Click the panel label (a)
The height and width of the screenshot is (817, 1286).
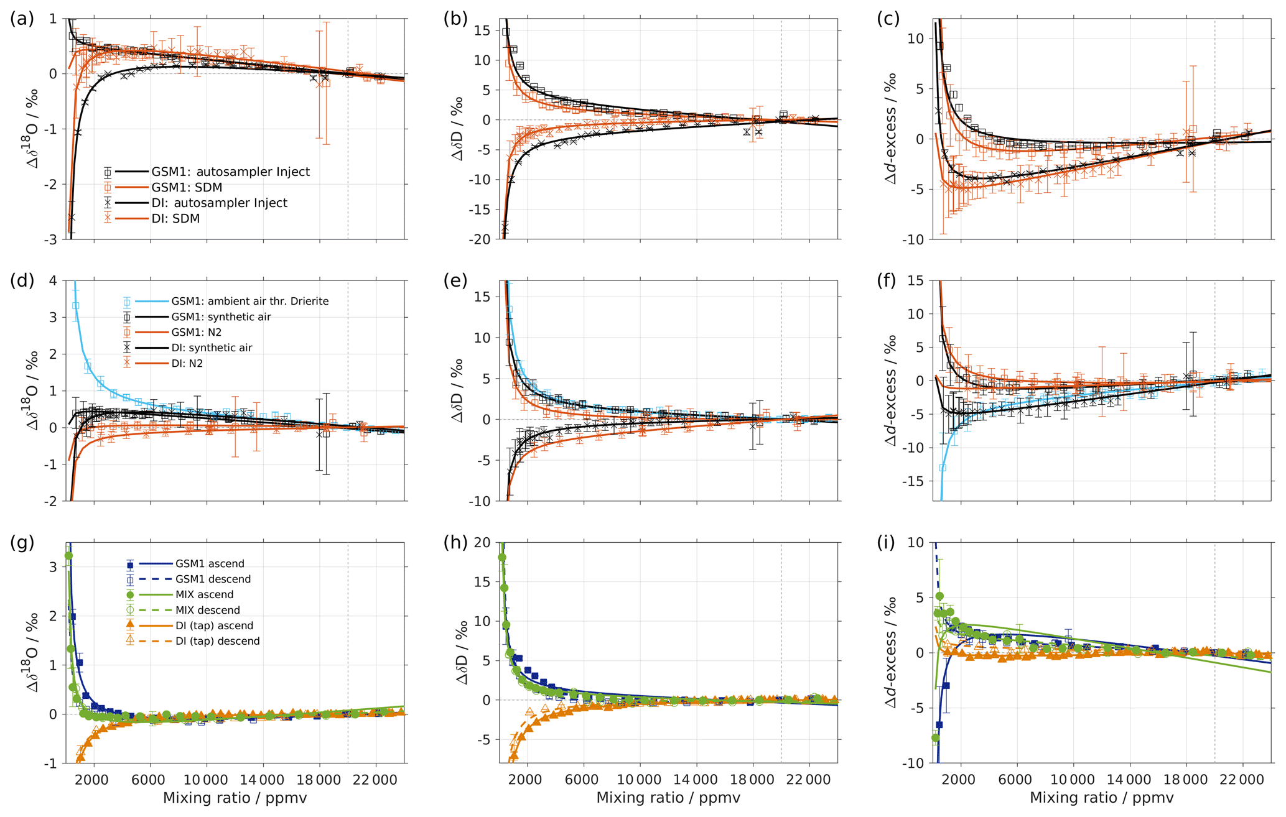(x=22, y=19)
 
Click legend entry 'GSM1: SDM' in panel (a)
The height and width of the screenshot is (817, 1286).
(x=187, y=187)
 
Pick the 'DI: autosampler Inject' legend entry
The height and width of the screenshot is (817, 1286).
(x=219, y=203)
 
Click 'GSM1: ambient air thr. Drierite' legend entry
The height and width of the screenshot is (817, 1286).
(x=249, y=302)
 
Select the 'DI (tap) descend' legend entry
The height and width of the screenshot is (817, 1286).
(x=217, y=641)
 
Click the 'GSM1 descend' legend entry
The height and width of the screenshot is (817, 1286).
(x=213, y=579)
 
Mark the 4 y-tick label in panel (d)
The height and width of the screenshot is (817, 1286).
(x=53, y=281)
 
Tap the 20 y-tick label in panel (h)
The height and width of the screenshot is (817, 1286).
(x=482, y=543)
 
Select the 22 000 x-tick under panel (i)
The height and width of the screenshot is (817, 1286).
(x=1242, y=780)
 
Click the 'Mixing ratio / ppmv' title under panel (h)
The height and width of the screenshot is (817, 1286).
(x=668, y=798)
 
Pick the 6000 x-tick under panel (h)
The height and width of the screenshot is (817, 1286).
(x=582, y=780)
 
